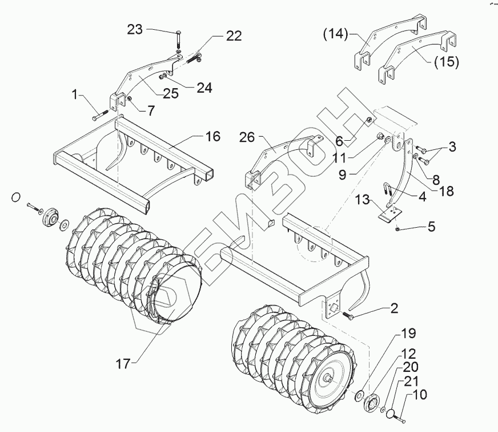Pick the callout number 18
click(447, 191)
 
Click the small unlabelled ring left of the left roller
click(17, 197)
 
